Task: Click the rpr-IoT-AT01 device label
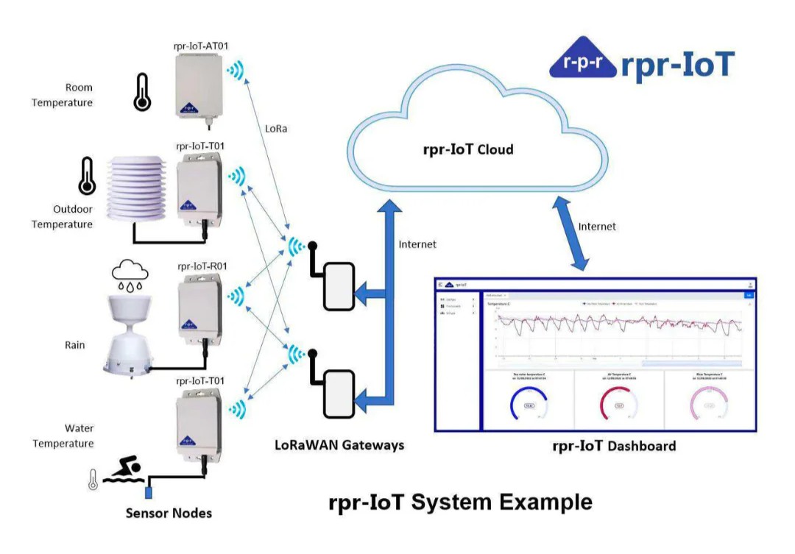coord(200,46)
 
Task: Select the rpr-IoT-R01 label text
coord(201,266)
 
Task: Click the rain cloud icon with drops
coord(130,274)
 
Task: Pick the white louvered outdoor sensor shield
coord(141,188)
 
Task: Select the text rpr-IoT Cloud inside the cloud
coord(468,150)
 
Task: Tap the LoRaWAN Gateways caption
coord(339,445)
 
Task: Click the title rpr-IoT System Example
coord(460,502)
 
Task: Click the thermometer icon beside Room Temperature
coord(141,92)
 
